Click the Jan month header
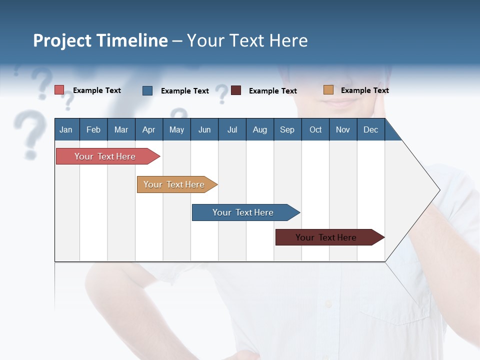pyautogui.click(x=66, y=129)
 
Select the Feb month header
pyautogui.click(x=93, y=129)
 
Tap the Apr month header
pyautogui.click(x=148, y=129)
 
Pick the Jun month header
pyautogui.click(x=204, y=129)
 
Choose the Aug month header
pyautogui.click(x=259, y=129)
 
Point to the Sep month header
pyautogui.click(x=287, y=129)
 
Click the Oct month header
pyautogui.click(x=315, y=129)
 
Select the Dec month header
pyautogui.click(x=370, y=129)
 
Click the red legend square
pyautogui.click(x=59, y=90)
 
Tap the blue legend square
pyautogui.click(x=147, y=90)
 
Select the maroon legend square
pyautogui.click(x=236, y=90)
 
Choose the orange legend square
pyautogui.click(x=328, y=90)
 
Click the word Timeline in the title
pyautogui.click(x=132, y=40)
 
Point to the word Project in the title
pyautogui.click(x=62, y=40)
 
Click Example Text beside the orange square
pyautogui.click(x=364, y=90)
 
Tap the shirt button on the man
pyautogui.click(x=328, y=303)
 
